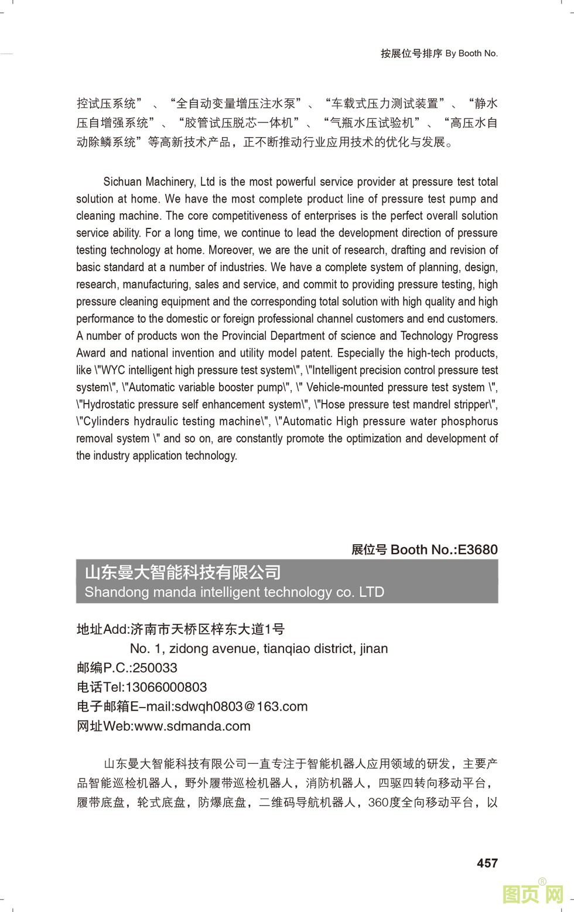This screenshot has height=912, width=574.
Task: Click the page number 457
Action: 487,863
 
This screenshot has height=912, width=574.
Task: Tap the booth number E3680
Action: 477,549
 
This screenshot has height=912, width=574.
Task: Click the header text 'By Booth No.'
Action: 471,53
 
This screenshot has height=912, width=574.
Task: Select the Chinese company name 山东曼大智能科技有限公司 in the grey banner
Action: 183,572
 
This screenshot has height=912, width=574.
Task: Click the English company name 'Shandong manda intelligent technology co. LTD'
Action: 234,592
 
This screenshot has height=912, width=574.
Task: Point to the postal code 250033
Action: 155,668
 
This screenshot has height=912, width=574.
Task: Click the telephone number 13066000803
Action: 166,687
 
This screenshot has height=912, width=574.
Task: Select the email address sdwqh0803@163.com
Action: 241,706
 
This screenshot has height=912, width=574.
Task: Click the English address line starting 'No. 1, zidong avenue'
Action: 258,648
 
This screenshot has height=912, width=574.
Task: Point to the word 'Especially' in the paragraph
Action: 361,353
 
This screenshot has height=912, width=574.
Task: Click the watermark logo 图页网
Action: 532,893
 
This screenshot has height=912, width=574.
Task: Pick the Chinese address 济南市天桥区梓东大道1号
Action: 207,629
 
